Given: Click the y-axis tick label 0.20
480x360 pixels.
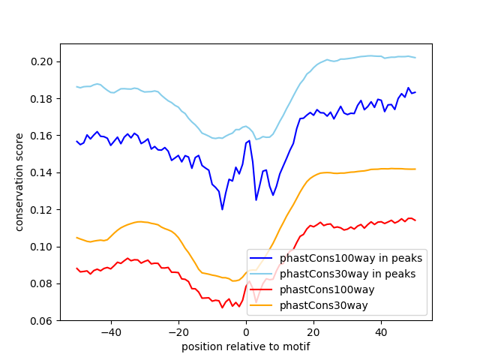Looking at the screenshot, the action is [x=41, y=61].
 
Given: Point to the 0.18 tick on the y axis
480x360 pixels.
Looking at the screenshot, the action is [x=41, y=99].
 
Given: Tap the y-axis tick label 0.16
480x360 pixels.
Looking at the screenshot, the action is [x=41, y=136].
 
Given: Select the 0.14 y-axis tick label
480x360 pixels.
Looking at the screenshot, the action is [x=41, y=173].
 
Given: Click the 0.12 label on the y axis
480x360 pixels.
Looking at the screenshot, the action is [x=41, y=210].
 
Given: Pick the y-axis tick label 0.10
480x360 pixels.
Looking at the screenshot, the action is [x=41, y=247].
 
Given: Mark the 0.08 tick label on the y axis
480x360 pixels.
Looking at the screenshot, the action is [x=41, y=284].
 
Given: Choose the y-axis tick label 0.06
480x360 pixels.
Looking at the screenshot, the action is [x=41, y=321].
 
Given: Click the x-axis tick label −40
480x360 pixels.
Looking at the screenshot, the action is [x=111, y=332].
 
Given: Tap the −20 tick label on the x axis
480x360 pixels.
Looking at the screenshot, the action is [x=178, y=332].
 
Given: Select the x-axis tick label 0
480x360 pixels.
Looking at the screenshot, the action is [x=246, y=332].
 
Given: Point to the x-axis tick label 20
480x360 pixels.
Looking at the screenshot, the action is [x=313, y=332].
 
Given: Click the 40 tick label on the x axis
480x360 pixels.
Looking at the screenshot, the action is [x=382, y=332].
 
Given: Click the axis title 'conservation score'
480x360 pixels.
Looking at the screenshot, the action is [x=19, y=182].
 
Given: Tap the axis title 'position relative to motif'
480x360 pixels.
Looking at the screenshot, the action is [x=246, y=346].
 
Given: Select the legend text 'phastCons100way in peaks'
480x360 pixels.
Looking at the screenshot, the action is [x=351, y=258].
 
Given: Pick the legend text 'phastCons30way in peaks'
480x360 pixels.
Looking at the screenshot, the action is [x=348, y=274].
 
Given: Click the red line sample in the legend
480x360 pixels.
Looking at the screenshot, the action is [x=261, y=289].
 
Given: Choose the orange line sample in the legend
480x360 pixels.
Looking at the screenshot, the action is [x=261, y=305].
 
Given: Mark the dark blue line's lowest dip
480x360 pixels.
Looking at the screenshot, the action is [x=223, y=209].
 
